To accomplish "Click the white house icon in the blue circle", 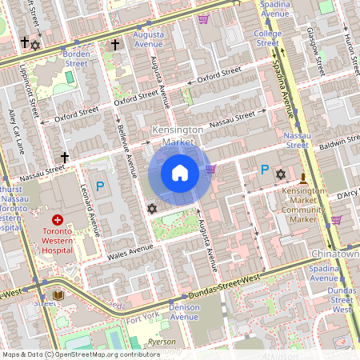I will [180, 172].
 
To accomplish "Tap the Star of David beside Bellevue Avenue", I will [152, 209].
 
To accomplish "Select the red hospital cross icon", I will [58, 219].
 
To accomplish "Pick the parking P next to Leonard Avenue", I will [100, 186].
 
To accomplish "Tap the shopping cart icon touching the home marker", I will [211, 169].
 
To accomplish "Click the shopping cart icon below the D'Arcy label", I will [336, 218].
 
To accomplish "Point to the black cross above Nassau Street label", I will [65, 158].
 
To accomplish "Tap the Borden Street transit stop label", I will [76, 58].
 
